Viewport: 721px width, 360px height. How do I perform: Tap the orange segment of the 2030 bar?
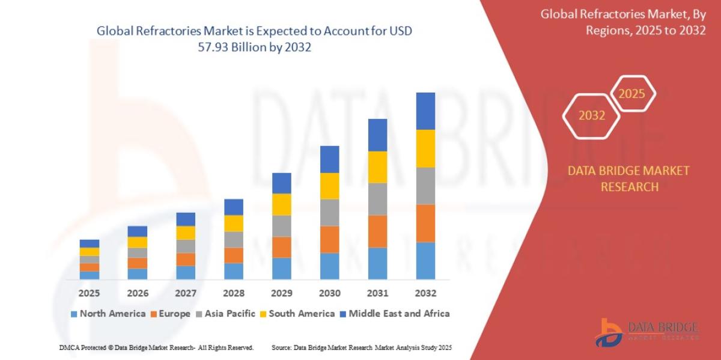(x=329, y=239)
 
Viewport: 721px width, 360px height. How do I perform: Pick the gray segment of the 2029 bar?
(x=281, y=226)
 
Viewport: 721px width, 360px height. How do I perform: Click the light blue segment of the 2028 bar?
(x=233, y=271)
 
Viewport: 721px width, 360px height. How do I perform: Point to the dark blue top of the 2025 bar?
(x=89, y=243)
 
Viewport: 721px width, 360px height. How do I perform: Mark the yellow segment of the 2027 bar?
(x=185, y=233)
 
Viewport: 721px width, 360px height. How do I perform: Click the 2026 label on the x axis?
(x=138, y=293)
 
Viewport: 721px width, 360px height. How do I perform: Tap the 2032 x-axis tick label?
(x=425, y=293)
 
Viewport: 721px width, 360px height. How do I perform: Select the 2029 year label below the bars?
(x=282, y=293)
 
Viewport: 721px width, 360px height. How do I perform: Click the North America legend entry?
(x=108, y=313)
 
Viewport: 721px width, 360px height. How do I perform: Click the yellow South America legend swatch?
(x=263, y=314)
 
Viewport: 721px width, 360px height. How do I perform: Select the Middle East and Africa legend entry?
(x=394, y=313)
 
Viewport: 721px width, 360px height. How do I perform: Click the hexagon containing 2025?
(x=631, y=94)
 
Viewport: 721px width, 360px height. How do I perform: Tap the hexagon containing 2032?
(x=592, y=115)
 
